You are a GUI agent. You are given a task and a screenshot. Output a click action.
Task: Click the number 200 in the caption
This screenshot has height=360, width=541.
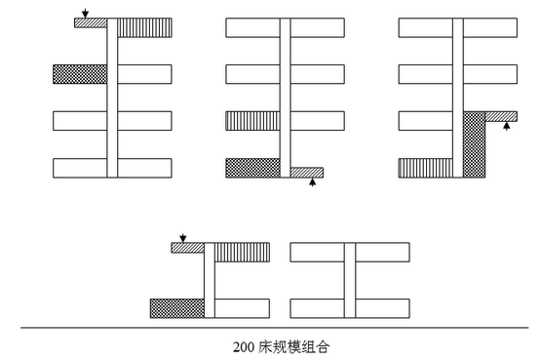click(244, 347)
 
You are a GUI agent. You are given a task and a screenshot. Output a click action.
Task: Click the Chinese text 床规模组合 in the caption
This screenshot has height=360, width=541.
click(294, 347)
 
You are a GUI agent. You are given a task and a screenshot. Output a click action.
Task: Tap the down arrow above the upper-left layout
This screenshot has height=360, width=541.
click(85, 13)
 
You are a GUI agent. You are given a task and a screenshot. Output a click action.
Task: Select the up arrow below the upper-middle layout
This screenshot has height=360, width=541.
click(312, 181)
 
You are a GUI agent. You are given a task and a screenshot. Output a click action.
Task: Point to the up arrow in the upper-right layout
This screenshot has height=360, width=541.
click(506, 126)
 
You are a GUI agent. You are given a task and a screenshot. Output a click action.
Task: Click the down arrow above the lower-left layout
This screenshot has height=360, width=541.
click(183, 238)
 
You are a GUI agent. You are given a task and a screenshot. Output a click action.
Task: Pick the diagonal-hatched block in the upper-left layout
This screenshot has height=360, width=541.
click(91, 22)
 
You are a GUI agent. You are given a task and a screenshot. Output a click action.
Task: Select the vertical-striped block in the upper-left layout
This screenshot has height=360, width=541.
click(144, 27)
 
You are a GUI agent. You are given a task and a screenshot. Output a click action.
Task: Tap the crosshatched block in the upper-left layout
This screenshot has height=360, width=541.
click(80, 74)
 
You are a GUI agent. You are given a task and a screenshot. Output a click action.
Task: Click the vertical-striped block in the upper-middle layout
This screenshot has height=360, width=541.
click(252, 121)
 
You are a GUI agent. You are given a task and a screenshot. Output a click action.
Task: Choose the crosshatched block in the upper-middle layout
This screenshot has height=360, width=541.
click(252, 168)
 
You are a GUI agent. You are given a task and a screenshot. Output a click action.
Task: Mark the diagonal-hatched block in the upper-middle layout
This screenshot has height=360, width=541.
click(307, 173)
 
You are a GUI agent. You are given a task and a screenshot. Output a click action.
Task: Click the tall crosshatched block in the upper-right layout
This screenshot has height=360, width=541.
click(474, 144)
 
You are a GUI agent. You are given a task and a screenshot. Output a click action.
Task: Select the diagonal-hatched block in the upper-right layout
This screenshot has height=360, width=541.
click(501, 116)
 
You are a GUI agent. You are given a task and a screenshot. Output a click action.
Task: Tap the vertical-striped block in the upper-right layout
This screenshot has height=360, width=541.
click(426, 168)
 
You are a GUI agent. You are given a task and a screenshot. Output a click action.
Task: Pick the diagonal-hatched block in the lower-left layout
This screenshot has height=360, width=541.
click(188, 248)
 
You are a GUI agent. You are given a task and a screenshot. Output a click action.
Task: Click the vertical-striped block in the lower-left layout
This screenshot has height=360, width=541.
click(242, 253)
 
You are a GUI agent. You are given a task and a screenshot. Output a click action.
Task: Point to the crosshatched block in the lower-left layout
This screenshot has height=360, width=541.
click(177, 308)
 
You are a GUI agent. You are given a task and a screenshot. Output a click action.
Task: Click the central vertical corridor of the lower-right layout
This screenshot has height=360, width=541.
click(350, 280)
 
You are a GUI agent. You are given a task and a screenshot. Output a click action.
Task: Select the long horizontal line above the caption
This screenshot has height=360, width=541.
click(274, 328)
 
